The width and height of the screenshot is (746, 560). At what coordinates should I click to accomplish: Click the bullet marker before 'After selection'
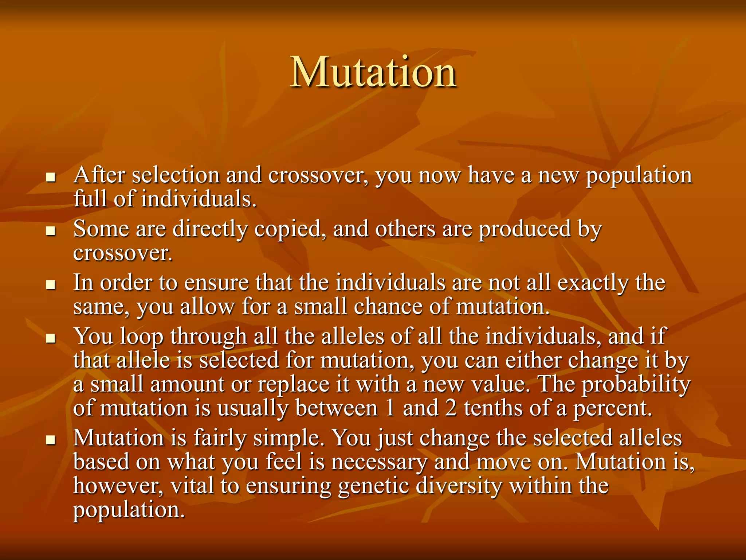(51, 178)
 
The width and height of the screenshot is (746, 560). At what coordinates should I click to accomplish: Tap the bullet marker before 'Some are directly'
(51, 231)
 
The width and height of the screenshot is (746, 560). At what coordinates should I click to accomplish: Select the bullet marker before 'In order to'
(51, 284)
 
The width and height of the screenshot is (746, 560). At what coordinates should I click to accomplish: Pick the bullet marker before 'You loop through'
(51, 338)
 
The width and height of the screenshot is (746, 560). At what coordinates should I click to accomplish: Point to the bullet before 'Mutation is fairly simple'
(51, 440)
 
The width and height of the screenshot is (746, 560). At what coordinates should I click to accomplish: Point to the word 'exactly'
(593, 283)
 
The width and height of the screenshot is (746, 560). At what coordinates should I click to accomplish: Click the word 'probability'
(636, 385)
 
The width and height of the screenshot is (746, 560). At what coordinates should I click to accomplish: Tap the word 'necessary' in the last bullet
(379, 462)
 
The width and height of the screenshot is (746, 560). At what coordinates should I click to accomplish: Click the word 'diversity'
(459, 486)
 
